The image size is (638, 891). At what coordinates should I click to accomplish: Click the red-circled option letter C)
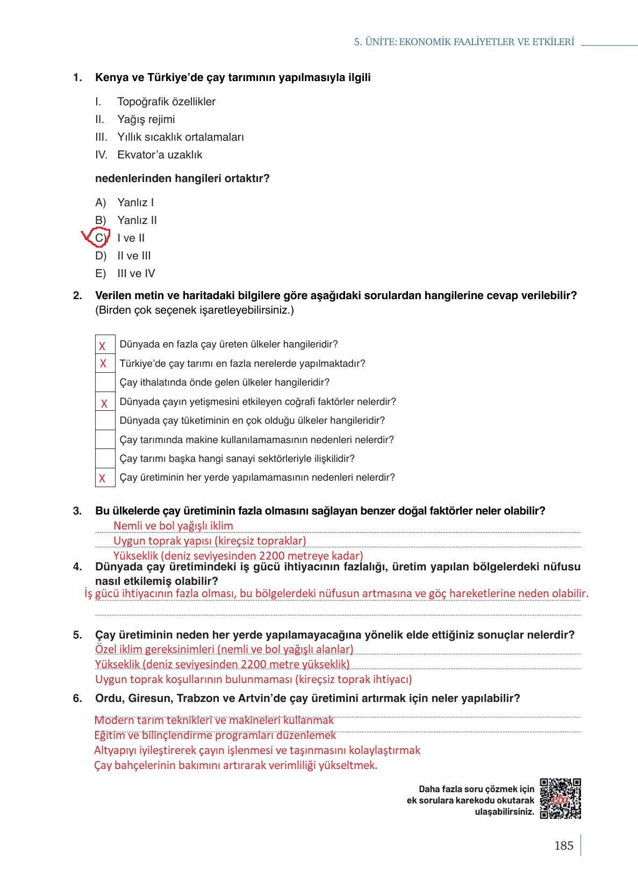tap(101, 238)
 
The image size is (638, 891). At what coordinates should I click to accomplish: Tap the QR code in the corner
tap(560, 798)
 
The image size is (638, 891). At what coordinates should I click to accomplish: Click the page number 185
tap(563, 846)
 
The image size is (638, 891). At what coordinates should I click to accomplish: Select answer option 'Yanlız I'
tap(135, 202)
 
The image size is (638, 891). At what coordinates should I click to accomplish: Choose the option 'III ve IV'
tap(136, 273)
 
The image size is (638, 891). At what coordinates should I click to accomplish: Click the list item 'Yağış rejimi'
tap(146, 119)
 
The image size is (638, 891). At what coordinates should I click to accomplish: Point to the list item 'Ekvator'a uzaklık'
tap(160, 155)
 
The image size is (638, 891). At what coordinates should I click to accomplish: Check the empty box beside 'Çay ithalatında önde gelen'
tap(105, 382)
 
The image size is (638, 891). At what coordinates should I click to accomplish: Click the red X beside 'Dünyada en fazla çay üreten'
tap(102, 346)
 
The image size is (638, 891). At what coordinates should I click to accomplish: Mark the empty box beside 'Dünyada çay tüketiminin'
tap(105, 421)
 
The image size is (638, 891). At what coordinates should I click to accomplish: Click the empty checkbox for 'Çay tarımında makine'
tap(105, 440)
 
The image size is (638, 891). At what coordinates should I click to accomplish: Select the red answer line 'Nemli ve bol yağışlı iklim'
tap(173, 526)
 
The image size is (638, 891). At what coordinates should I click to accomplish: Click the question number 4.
tap(77, 567)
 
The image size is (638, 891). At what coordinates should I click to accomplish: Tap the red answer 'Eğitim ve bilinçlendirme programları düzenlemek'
tap(215, 735)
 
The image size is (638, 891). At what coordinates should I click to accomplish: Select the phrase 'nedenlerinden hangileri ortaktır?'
tap(182, 178)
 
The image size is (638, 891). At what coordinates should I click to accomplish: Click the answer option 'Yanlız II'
tap(137, 220)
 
